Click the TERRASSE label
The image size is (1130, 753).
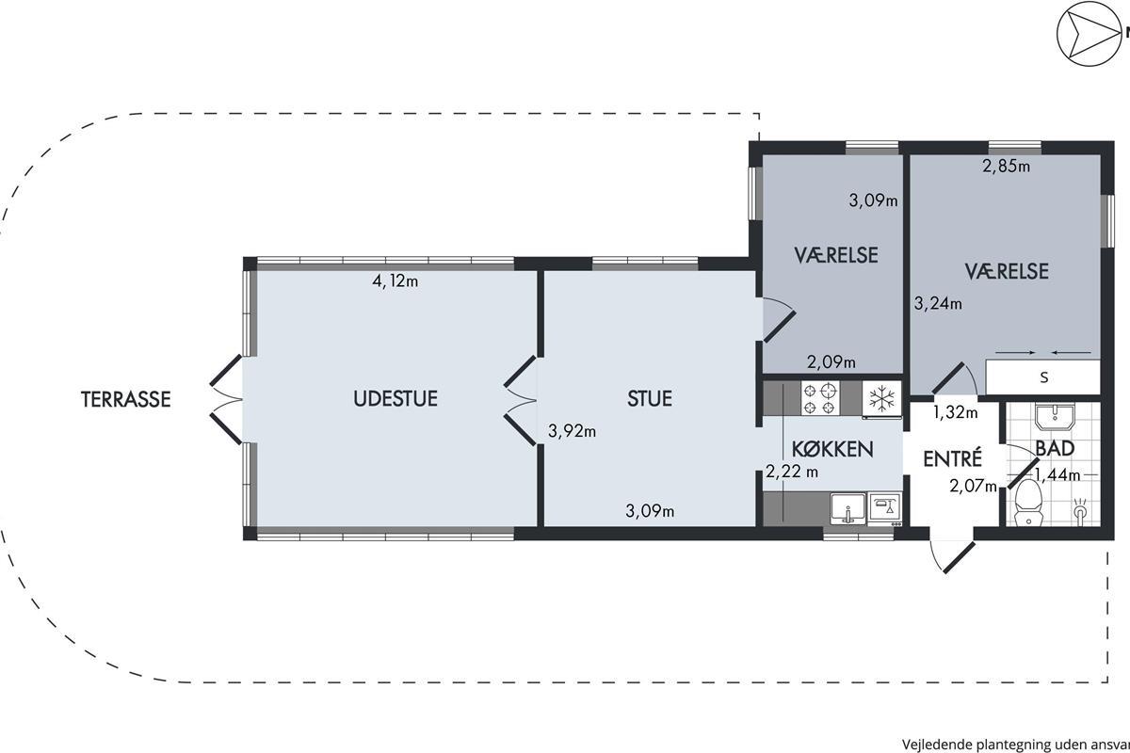tap(126, 399)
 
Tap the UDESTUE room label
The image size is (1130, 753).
tap(395, 398)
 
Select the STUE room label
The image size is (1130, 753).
tap(650, 398)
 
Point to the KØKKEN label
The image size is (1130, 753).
tap(832, 448)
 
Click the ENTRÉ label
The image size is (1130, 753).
tap(952, 458)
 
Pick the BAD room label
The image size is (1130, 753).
tap(1055, 448)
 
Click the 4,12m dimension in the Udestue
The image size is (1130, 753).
tap(395, 280)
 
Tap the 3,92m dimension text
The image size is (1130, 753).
tap(573, 431)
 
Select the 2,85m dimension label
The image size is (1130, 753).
tap(1006, 166)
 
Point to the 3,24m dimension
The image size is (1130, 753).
tap(938, 304)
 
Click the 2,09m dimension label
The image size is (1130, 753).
tap(831, 361)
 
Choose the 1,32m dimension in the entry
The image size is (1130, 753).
tap(956, 412)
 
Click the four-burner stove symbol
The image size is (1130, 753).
tap(820, 398)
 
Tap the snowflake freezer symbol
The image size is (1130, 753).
tap(881, 398)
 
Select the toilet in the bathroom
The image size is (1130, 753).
tap(1028, 503)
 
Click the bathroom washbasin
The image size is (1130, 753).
tap(1055, 417)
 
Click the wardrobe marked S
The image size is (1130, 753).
tap(1043, 377)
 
